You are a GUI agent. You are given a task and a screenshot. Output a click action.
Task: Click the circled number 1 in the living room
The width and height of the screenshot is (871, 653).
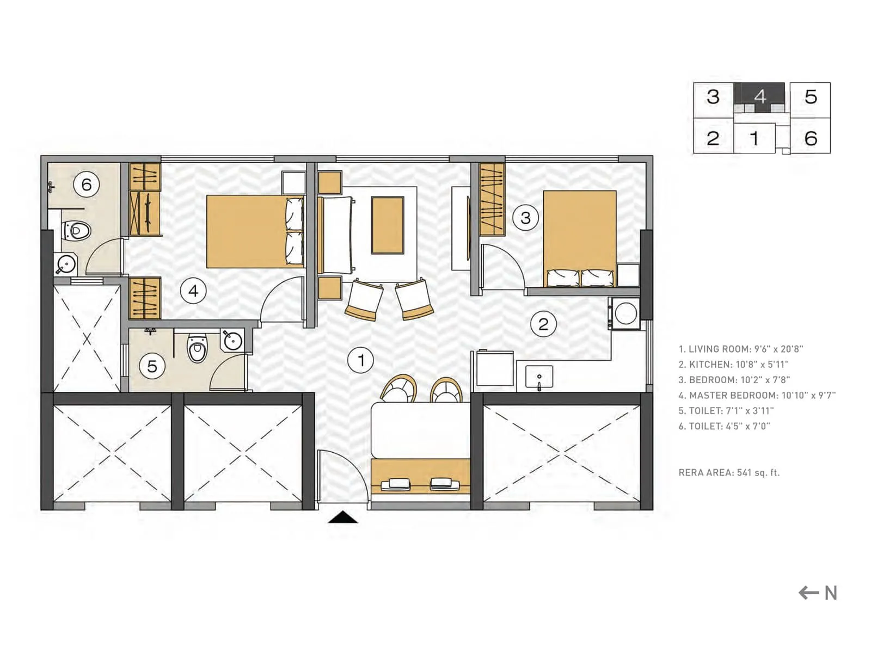pyautogui.click(x=360, y=360)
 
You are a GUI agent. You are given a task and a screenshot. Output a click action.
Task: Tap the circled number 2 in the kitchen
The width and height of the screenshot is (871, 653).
pyautogui.click(x=543, y=324)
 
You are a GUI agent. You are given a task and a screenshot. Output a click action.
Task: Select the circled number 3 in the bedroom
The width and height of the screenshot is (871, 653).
pyautogui.click(x=525, y=218)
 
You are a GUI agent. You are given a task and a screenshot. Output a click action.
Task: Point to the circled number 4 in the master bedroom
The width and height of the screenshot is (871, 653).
pyautogui.click(x=193, y=291)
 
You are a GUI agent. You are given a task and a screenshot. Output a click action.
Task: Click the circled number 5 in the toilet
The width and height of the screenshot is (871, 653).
pyautogui.click(x=152, y=366)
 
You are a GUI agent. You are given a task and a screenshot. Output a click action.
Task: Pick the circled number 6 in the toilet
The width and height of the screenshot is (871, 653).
pyautogui.click(x=87, y=184)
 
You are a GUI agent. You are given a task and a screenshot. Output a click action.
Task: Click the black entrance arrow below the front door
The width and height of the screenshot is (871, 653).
pyautogui.click(x=343, y=518)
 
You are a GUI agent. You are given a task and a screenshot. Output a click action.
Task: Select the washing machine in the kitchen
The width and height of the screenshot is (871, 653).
pyautogui.click(x=625, y=313)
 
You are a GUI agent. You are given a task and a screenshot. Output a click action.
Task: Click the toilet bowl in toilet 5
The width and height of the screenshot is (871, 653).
pyautogui.click(x=197, y=349)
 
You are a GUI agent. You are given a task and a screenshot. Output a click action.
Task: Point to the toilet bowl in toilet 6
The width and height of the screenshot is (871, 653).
pyautogui.click(x=76, y=231)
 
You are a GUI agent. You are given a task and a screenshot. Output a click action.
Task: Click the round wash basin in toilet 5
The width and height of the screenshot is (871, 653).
pyautogui.click(x=233, y=341)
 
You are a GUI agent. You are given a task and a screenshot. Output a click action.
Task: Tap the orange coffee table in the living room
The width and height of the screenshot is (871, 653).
pyautogui.click(x=388, y=225)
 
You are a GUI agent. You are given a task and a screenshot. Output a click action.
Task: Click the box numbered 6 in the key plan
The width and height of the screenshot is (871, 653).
pyautogui.click(x=811, y=138)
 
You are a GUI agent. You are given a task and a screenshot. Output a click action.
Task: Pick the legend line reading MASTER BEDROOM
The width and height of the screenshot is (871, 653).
pyautogui.click(x=757, y=396)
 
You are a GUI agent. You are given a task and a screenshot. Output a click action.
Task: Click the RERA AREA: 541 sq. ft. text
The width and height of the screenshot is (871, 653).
pyautogui.click(x=729, y=473)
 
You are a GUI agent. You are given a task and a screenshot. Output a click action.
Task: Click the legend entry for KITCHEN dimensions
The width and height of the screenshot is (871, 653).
pyautogui.click(x=733, y=365)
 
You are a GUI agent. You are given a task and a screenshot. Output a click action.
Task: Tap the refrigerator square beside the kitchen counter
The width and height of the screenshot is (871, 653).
pyautogui.click(x=495, y=368)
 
